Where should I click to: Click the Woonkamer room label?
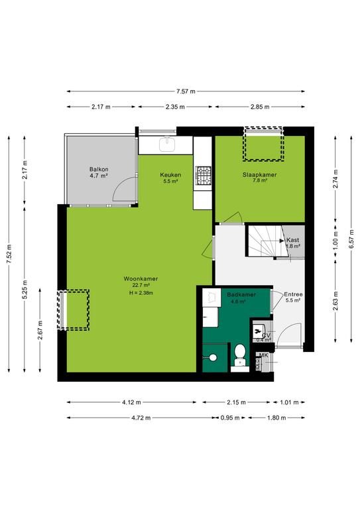tap(141, 278)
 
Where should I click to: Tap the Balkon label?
tap(99, 169)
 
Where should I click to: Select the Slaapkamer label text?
tap(260, 175)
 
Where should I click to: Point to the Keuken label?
tap(170, 175)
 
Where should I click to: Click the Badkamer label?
tap(241, 294)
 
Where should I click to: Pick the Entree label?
tap(293, 294)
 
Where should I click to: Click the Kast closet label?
tap(292, 240)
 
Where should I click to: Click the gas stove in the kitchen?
tap(203, 176)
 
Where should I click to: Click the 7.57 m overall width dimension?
tap(186, 91)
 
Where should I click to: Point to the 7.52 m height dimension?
tap(9, 254)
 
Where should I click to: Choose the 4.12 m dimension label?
tap(131, 402)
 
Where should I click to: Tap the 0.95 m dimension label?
tap(230, 418)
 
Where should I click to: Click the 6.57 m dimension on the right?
tap(351, 239)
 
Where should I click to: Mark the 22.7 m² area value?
tap(141, 286)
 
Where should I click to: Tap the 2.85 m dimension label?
tap(260, 107)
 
